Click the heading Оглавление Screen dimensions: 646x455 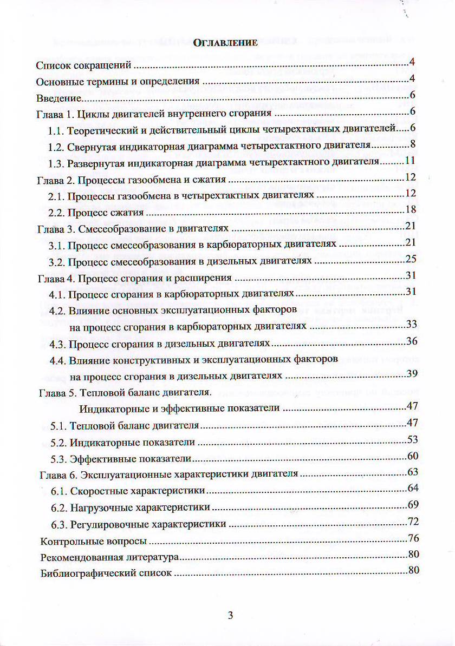point(226,44)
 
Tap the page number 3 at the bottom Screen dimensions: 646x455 point(230,616)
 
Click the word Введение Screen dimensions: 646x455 point(58,98)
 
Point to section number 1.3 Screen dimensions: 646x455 point(56,162)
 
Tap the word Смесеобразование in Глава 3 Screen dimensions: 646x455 point(118,228)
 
